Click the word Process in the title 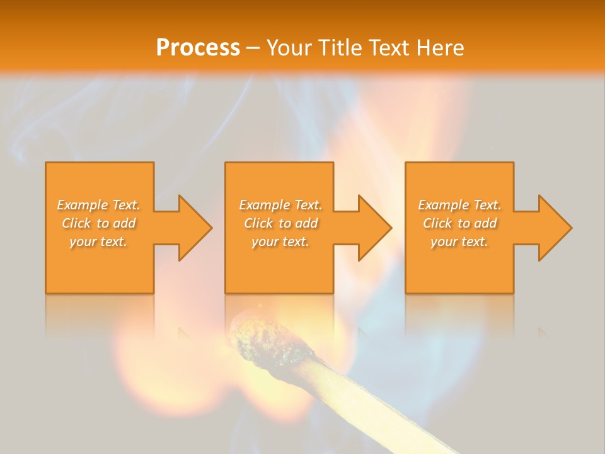click(x=198, y=47)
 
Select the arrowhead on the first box click(x=193, y=228)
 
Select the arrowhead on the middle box click(x=373, y=228)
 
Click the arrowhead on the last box click(x=553, y=228)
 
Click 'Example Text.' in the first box click(x=99, y=205)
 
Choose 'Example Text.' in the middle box click(x=280, y=205)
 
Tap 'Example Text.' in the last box click(x=459, y=205)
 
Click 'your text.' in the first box click(x=99, y=242)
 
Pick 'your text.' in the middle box click(x=280, y=242)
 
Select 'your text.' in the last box click(x=459, y=242)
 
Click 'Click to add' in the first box click(x=99, y=223)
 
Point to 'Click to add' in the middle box click(x=280, y=223)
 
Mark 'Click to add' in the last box click(x=459, y=223)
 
